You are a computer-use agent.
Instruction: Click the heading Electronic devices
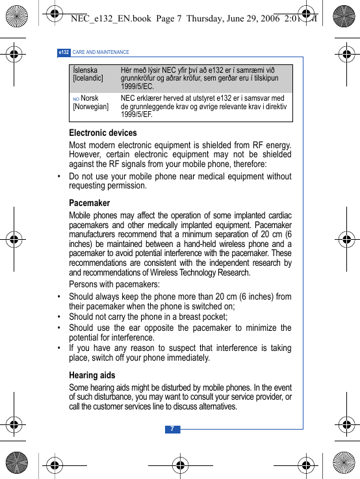click(103, 133)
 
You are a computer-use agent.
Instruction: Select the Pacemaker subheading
click(90, 203)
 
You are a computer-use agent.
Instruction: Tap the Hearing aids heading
click(92, 375)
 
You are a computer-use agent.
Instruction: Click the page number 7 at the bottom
click(172, 429)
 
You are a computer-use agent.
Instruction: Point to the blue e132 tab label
click(64, 52)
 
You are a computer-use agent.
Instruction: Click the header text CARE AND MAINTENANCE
click(101, 52)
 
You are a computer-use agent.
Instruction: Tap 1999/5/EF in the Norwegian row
click(137, 115)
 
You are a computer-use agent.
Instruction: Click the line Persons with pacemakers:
click(114, 285)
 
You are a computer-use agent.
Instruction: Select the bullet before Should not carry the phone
click(60, 317)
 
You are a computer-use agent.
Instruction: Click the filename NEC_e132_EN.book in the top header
click(110, 18)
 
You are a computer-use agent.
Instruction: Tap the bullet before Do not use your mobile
click(60, 176)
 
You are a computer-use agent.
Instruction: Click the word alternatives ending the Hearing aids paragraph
click(214, 406)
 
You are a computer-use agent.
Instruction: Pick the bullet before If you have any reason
click(60, 348)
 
